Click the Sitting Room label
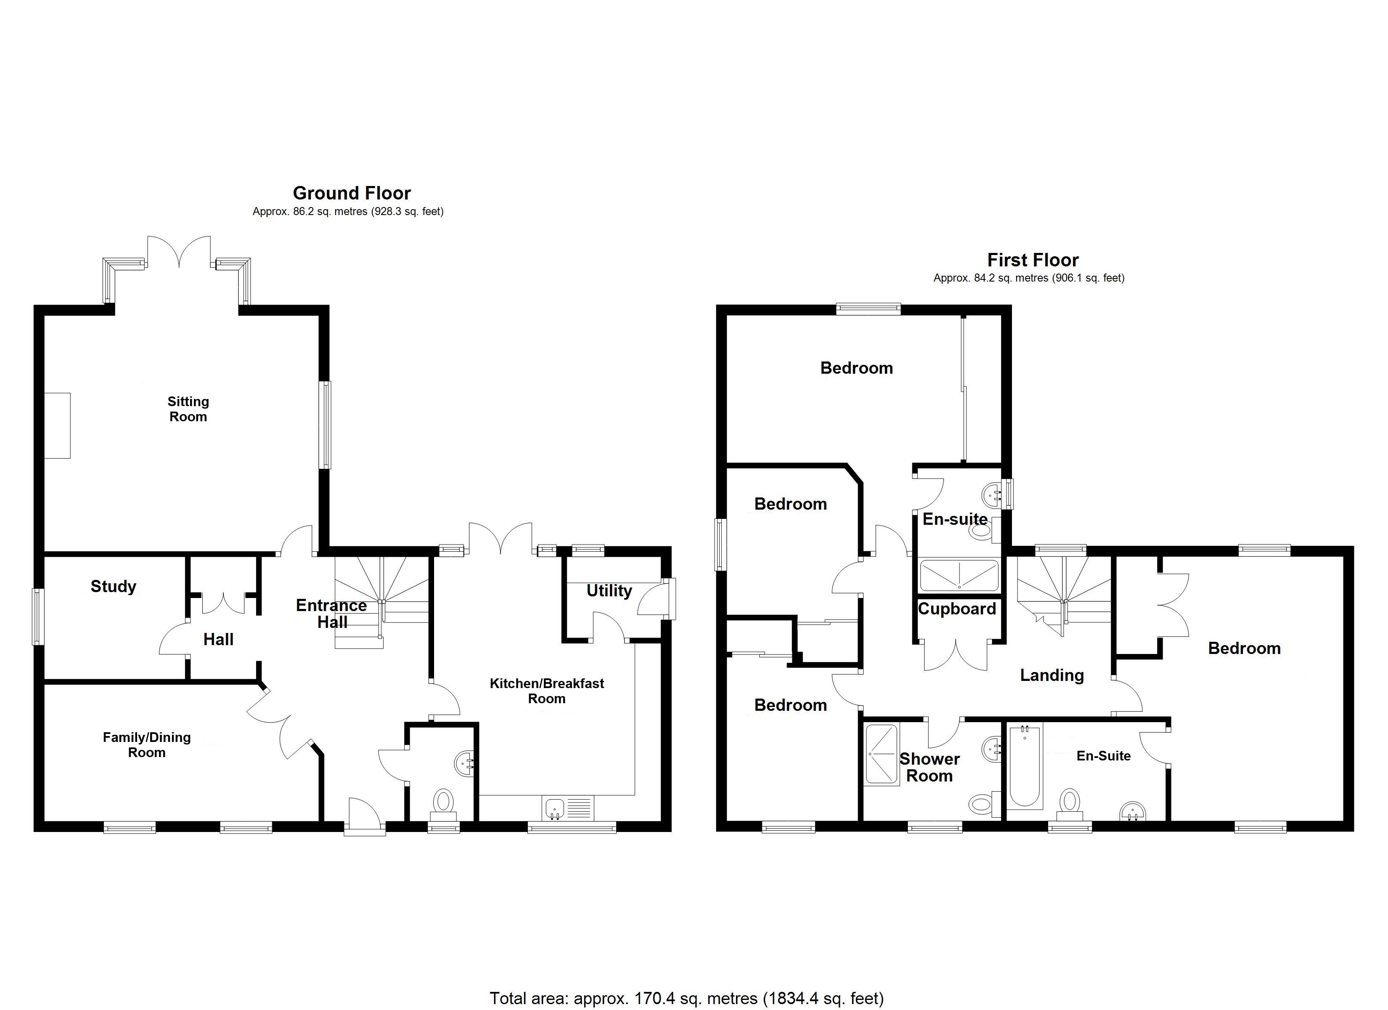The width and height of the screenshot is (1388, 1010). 188,409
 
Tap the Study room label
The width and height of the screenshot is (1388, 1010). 113,586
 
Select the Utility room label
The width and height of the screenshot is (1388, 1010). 609,590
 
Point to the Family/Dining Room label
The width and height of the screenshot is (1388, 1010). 146,745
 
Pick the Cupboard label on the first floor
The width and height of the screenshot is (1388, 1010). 957,609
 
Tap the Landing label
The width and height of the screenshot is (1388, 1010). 1052,675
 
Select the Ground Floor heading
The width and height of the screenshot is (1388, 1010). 352,193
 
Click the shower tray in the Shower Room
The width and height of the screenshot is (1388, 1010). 882,754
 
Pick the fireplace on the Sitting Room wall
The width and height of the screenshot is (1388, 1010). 58,426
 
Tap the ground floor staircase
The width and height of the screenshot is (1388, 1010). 381,602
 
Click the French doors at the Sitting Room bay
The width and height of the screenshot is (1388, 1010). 179,254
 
